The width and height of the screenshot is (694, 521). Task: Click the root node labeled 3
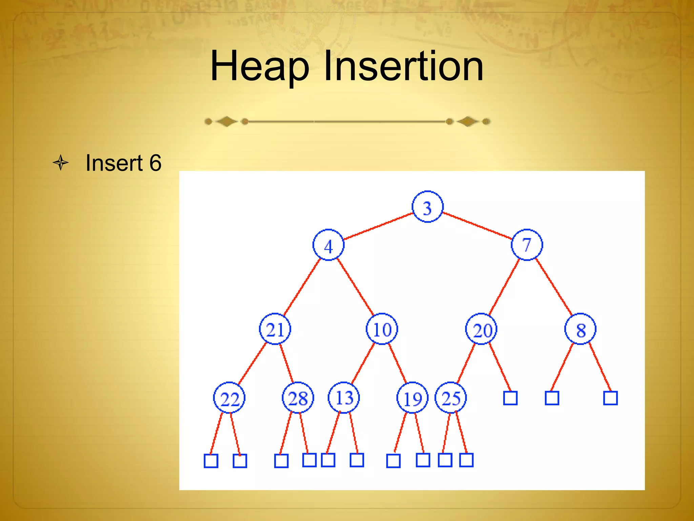[427, 207]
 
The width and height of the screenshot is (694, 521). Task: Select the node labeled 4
[328, 245]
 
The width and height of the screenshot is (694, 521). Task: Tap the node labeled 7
[527, 245]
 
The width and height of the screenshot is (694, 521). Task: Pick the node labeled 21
[275, 329]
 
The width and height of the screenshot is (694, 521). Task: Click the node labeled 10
[382, 329]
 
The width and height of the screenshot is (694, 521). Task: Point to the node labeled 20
[481, 329]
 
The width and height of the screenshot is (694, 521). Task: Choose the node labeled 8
[580, 329]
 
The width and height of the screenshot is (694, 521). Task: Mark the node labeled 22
[229, 398]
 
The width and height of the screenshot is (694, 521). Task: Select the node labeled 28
[298, 398]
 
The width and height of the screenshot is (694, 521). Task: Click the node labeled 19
[412, 398]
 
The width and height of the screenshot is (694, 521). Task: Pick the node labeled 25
[451, 398]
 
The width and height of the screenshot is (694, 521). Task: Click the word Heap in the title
[260, 66]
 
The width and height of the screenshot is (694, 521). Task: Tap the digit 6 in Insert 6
[155, 163]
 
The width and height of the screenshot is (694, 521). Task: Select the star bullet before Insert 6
[61, 163]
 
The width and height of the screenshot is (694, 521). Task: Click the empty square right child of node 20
[510, 398]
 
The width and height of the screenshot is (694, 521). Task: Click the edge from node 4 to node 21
[302, 287]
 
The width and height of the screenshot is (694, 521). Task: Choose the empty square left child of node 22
[211, 461]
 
